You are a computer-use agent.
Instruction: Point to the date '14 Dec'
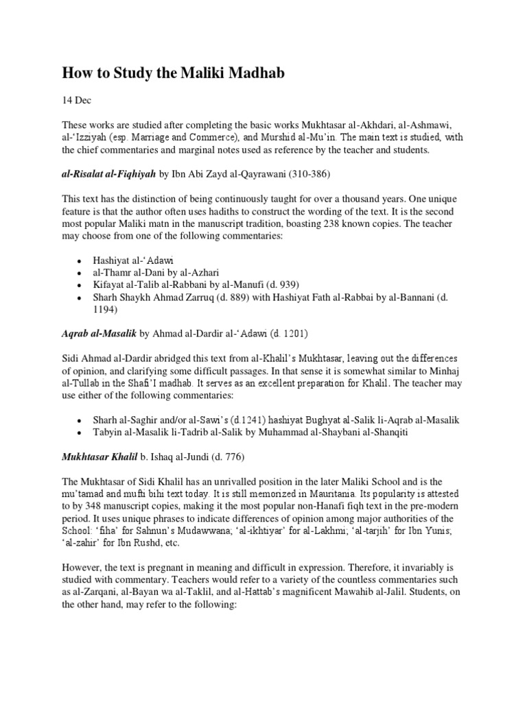[x=76, y=101]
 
